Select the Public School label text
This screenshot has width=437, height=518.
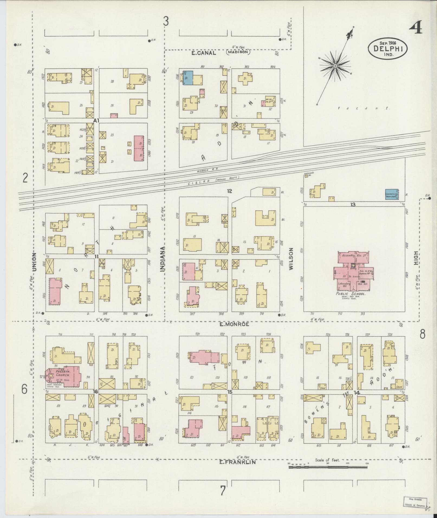[351, 294]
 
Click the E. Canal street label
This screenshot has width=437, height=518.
[203, 53]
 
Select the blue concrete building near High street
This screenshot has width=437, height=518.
[392, 194]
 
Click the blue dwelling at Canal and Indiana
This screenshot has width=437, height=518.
[188, 78]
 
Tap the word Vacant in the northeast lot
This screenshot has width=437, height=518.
[363, 108]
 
